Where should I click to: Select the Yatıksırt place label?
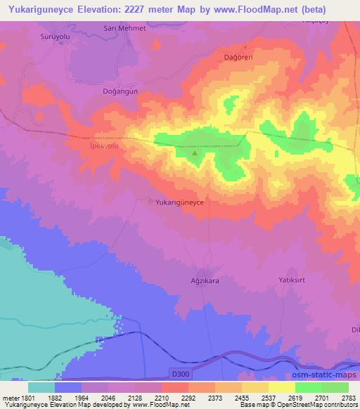291,278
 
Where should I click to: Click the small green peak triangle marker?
195,152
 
